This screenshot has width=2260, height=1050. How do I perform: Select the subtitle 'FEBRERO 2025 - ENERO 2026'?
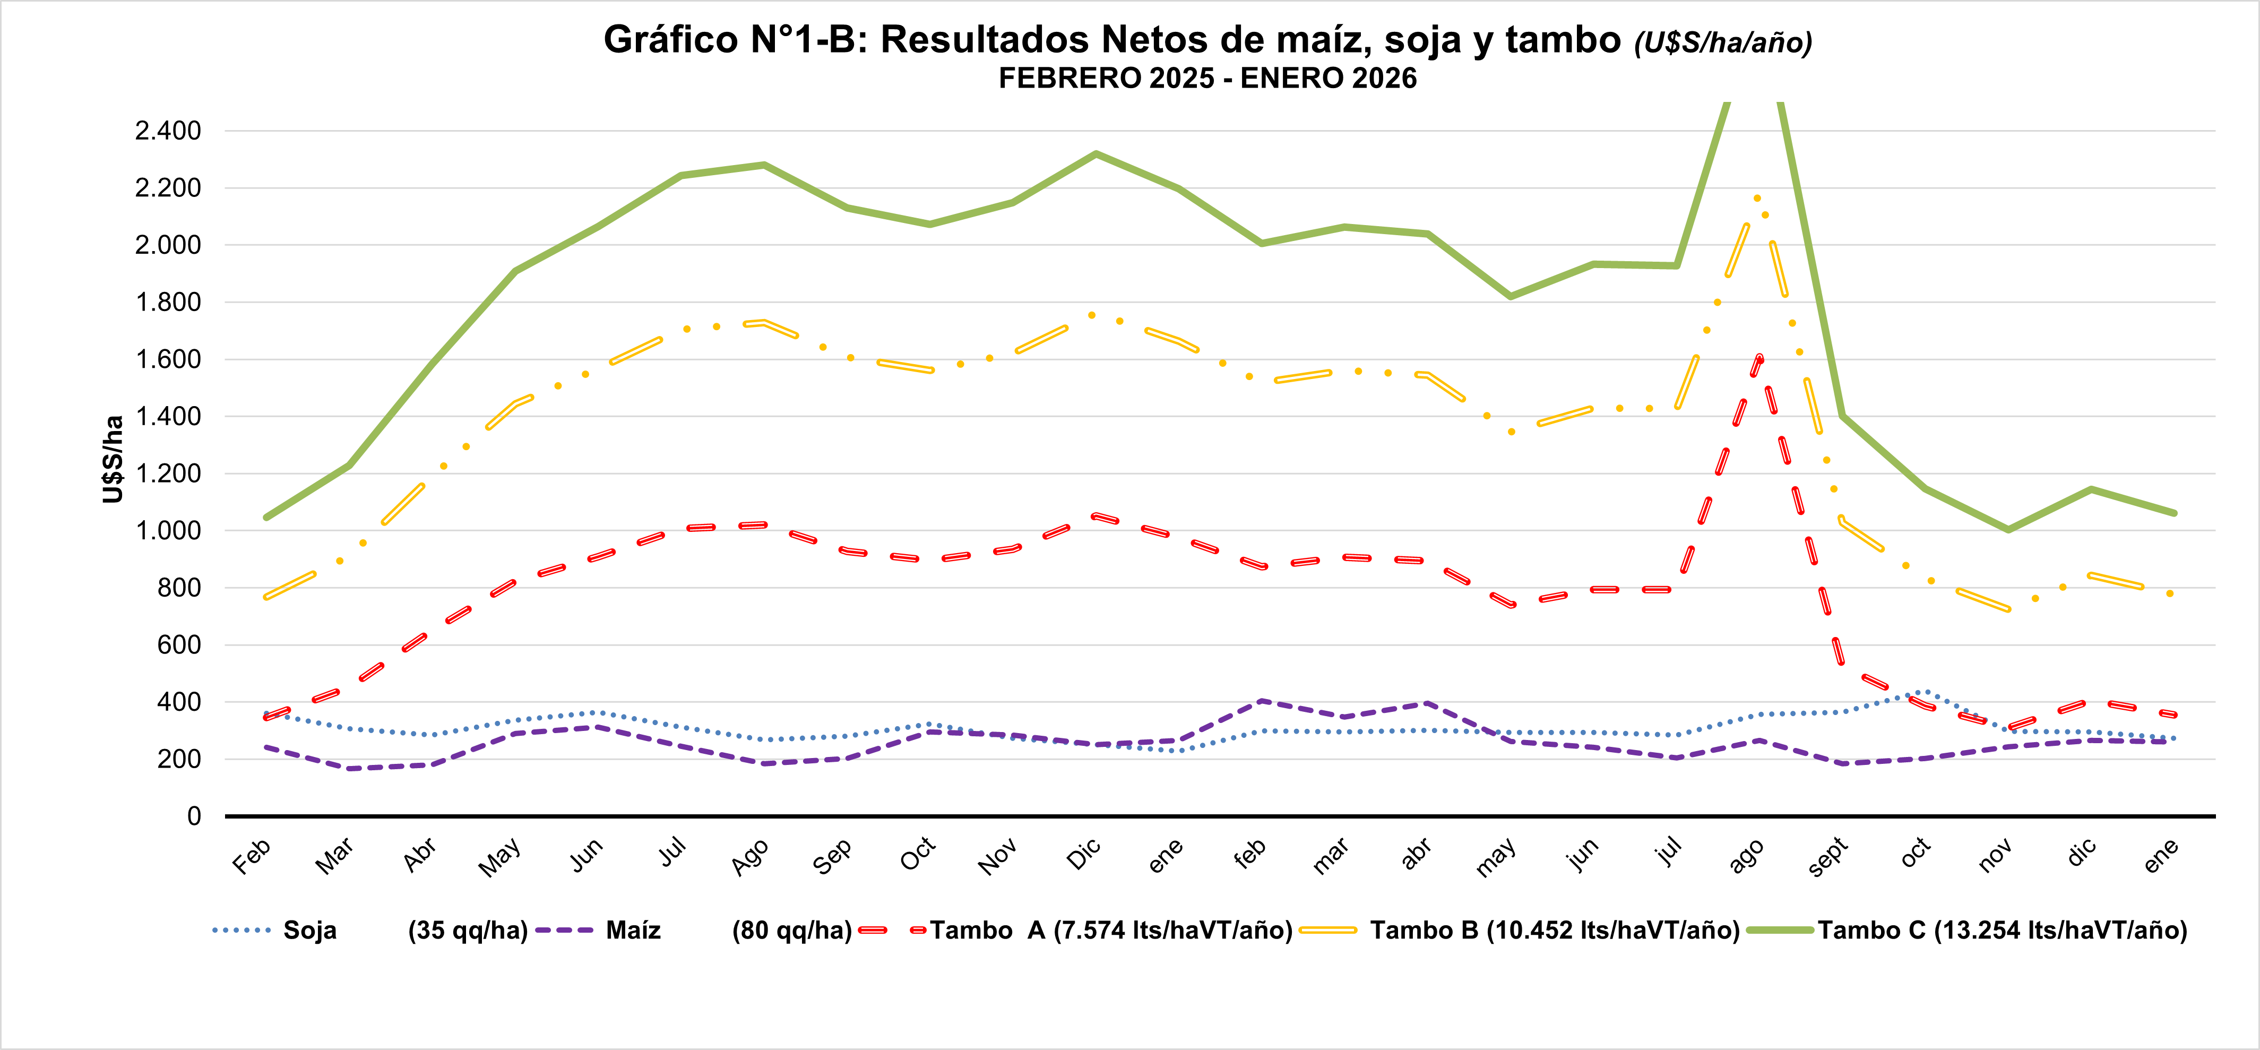1207,78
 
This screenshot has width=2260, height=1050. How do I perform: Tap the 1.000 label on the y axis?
168,531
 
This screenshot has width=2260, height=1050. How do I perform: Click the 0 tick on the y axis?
194,816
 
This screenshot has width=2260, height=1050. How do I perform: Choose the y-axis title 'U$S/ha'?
113,459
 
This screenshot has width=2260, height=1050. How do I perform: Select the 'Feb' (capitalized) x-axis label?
251,857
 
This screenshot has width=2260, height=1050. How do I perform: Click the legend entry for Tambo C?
2002,931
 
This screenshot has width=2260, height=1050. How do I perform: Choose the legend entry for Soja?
309,931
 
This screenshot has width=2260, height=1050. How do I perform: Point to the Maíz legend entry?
633,931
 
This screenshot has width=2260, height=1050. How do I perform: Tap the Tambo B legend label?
1555,931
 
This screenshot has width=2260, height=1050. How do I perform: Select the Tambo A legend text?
1111,931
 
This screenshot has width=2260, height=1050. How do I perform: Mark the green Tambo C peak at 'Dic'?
1096,154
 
